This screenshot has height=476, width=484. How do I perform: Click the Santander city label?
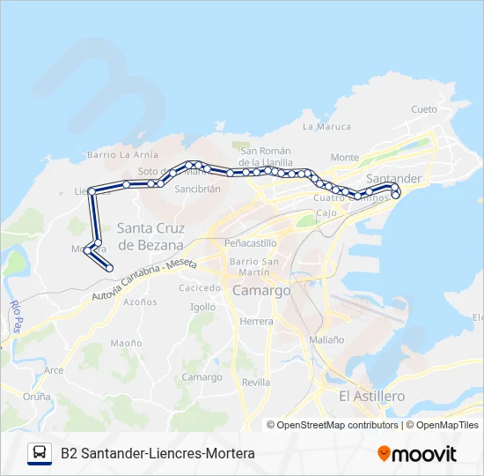[x=393, y=179]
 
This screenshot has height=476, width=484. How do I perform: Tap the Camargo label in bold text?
[x=261, y=290]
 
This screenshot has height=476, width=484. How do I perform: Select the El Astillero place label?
[x=371, y=397]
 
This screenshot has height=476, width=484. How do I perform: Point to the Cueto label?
[x=423, y=109]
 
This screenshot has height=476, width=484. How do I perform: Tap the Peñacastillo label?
[x=251, y=242]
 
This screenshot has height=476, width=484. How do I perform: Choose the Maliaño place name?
[x=326, y=339]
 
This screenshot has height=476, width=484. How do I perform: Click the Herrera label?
[x=256, y=322]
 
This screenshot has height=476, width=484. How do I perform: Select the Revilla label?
[x=256, y=383]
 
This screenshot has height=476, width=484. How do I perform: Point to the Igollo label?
[x=202, y=307]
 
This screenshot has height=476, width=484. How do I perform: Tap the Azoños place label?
[x=140, y=301]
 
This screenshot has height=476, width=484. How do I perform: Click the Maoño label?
[x=126, y=343]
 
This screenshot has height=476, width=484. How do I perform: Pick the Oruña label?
[x=37, y=397]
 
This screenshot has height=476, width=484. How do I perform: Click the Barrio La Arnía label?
[x=122, y=155]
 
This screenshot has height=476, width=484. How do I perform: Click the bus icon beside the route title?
[x=40, y=453]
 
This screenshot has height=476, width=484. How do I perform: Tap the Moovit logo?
[x=417, y=454]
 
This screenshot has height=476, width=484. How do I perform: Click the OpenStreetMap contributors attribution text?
[x=338, y=425]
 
